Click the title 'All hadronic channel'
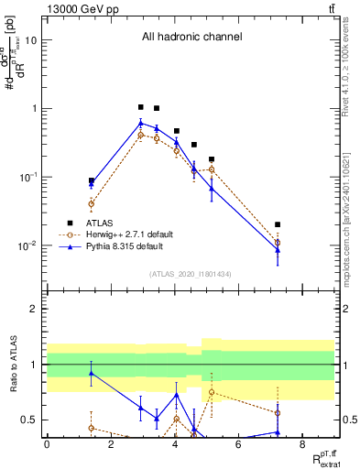coord(191,38)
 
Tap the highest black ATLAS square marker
coord(141,107)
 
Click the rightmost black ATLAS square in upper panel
coord(278,224)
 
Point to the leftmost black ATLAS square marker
coord(92,181)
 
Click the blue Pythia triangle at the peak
coord(141,123)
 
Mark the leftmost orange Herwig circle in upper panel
coord(92,203)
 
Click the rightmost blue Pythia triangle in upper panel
coord(278,249)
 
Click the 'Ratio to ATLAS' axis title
coord(12,365)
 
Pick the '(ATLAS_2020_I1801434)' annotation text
coord(191,275)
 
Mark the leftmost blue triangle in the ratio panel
coord(92,373)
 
